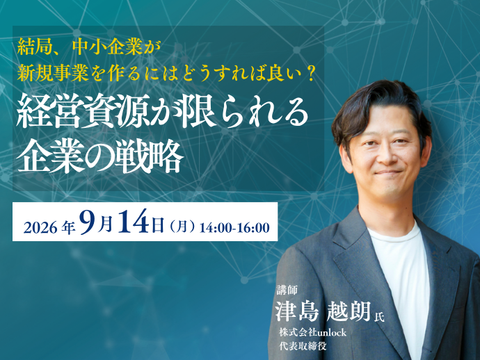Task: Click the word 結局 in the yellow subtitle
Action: coord(31,48)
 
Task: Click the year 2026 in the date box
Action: coord(40,228)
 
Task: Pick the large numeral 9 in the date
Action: coord(88,222)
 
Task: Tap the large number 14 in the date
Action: coord(134,222)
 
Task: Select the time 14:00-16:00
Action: coord(234,228)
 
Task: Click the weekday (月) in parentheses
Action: coord(182,227)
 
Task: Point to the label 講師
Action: coord(287,290)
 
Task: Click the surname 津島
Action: coord(297,311)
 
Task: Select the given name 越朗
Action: coord(349,311)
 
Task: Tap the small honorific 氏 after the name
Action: coord(379,316)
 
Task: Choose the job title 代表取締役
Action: coord(303,345)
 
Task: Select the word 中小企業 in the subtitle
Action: coord(108,48)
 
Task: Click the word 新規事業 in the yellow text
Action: coord(53,74)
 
